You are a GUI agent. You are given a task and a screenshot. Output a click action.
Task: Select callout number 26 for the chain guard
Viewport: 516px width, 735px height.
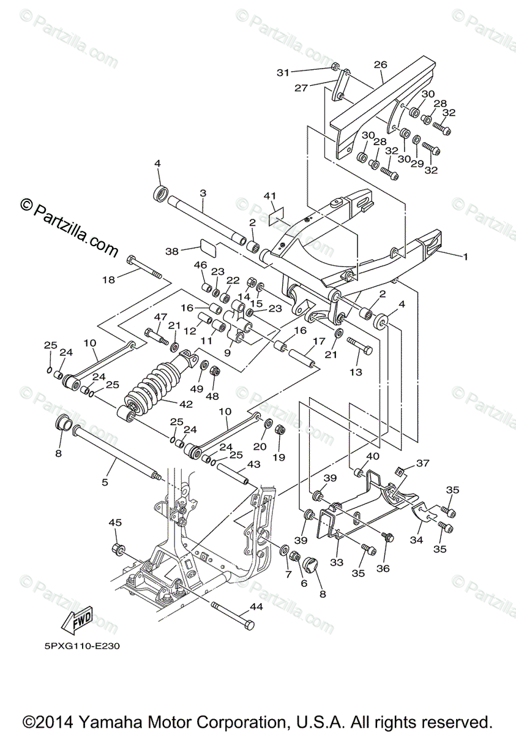(380, 64)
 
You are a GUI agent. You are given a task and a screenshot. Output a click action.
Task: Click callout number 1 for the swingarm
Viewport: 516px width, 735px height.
(465, 257)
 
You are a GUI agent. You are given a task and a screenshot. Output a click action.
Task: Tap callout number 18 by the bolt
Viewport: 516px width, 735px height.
(108, 279)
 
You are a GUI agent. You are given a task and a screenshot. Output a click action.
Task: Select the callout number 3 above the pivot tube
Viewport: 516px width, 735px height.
(203, 193)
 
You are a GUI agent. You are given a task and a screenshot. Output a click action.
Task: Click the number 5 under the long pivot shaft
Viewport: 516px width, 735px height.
(105, 483)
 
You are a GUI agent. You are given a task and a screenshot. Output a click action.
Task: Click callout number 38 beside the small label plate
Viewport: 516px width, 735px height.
(172, 251)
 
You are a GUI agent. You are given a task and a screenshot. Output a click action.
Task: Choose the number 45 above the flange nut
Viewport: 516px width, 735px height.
(115, 522)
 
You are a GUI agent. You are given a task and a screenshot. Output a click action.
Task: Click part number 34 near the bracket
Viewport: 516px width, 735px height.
(416, 540)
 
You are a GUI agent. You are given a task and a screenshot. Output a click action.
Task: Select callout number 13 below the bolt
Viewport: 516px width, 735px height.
(356, 372)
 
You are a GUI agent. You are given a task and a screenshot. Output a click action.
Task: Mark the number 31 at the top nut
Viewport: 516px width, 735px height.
(283, 72)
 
